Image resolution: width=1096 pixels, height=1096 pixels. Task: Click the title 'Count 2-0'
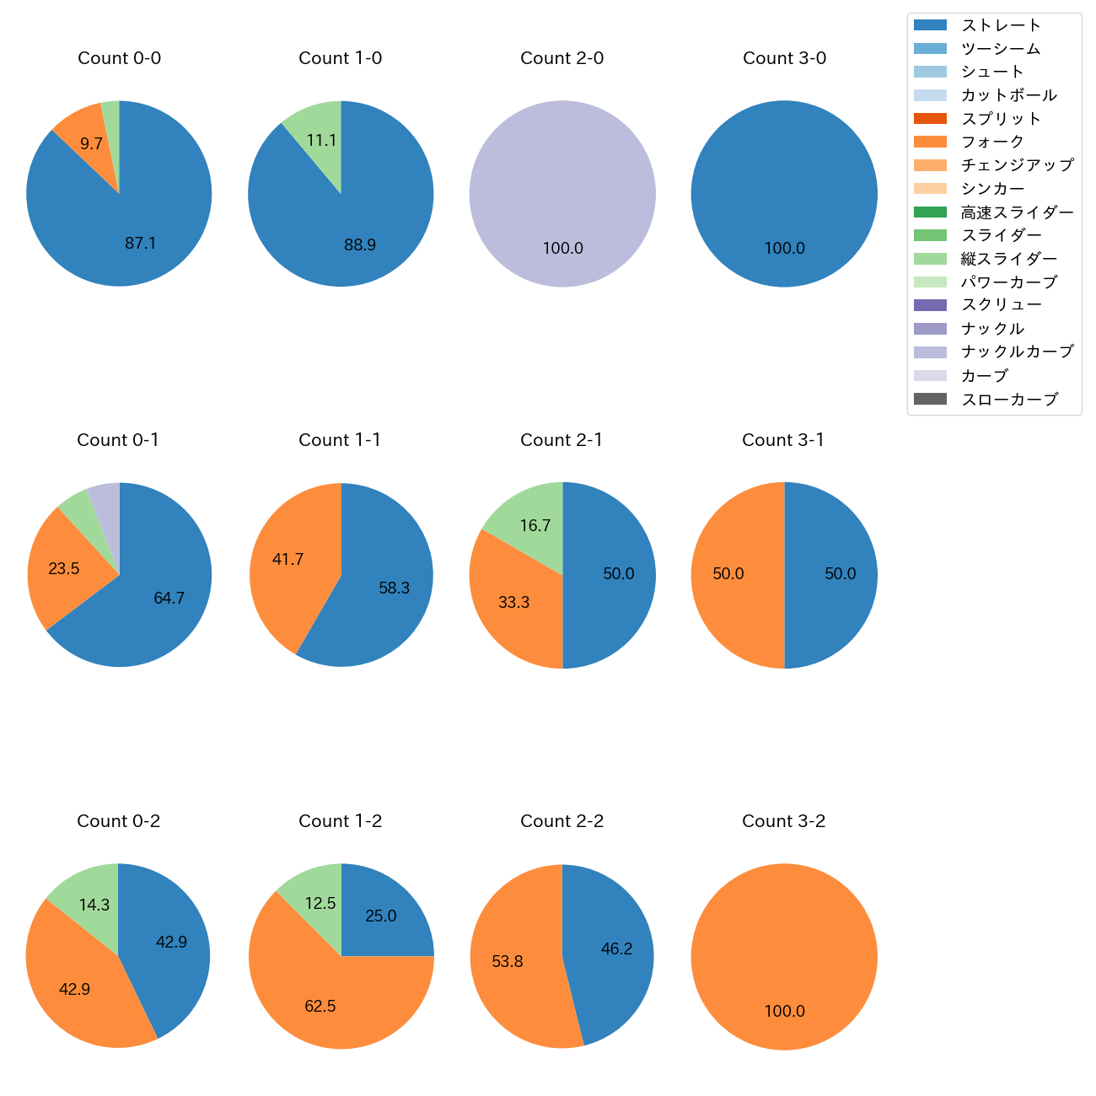point(562,58)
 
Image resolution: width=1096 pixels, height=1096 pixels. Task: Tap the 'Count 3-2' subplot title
point(784,821)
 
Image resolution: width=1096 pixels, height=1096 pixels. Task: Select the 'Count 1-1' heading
point(340,440)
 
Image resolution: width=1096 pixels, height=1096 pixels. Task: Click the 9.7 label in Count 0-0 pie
point(91,144)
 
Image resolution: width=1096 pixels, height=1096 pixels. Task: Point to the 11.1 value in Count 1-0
point(322,141)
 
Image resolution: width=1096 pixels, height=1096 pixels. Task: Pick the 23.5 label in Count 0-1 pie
point(64,569)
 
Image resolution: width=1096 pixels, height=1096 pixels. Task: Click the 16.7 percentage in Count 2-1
point(535,526)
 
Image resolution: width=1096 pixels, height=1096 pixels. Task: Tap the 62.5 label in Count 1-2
point(320,1007)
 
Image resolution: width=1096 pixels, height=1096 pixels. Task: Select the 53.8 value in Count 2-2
point(508,962)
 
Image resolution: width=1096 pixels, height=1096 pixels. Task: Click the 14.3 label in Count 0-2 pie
point(94,905)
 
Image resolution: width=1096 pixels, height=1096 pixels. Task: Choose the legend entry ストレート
point(1001,25)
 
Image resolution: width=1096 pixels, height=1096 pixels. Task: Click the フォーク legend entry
point(992,142)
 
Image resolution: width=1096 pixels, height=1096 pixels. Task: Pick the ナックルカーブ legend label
point(1017,352)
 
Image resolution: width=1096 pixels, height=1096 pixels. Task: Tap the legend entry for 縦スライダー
point(1008,259)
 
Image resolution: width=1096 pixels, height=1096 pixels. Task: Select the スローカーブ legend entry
point(1009,400)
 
